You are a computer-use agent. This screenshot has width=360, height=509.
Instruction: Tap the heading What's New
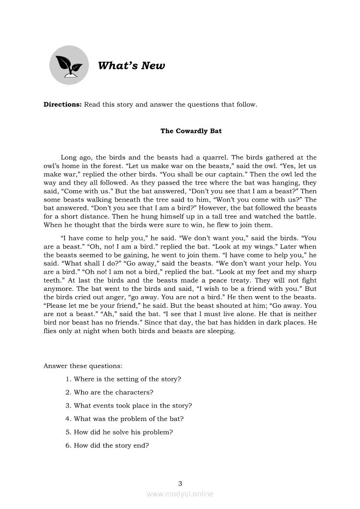(132, 66)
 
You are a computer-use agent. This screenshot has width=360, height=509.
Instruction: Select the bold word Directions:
(63, 105)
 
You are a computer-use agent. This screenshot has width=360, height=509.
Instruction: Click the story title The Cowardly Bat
(191, 131)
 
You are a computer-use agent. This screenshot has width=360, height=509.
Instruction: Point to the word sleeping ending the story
(220, 331)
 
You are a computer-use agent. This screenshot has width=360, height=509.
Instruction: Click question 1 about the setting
(123, 379)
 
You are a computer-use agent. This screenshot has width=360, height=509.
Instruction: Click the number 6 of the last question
(68, 445)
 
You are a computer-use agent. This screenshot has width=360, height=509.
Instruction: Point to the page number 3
(180, 483)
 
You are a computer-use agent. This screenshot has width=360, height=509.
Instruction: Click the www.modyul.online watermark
(180, 494)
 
